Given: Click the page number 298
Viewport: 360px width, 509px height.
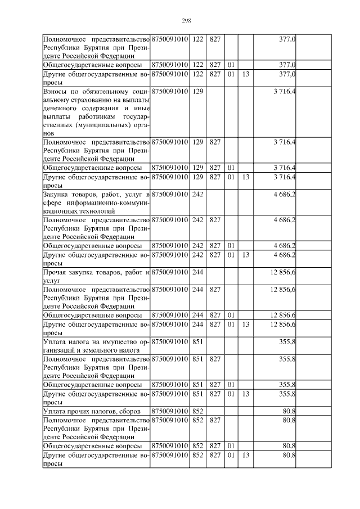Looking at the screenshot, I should pyautogui.click(x=187, y=21).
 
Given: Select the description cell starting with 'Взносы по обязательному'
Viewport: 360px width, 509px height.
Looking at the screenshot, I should pyautogui.click(x=96, y=112).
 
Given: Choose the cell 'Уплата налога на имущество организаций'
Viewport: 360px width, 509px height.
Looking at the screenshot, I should pyautogui.click(x=96, y=345).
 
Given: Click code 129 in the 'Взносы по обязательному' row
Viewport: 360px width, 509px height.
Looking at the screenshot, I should pyautogui.click(x=197, y=91).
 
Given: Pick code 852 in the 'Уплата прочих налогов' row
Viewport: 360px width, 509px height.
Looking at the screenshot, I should pyautogui.click(x=197, y=412).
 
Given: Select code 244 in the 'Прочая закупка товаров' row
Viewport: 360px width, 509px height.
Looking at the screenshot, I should pyautogui.click(x=197, y=273).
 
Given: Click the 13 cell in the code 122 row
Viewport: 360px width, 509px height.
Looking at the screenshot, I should pyautogui.click(x=245, y=74).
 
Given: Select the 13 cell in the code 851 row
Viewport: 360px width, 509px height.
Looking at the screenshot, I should pyautogui.click(x=245, y=394).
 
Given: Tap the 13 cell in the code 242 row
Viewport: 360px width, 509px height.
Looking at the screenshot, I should pyautogui.click(x=245, y=255).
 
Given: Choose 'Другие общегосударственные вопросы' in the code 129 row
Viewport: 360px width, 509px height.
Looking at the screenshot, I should pyautogui.click(x=96, y=182).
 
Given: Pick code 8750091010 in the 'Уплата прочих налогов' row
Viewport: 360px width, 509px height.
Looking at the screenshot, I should pyautogui.click(x=170, y=412).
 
